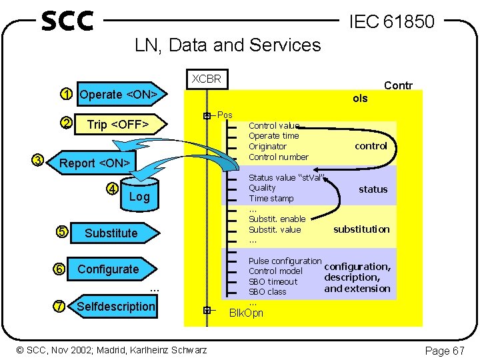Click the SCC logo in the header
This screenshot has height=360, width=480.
[67, 21]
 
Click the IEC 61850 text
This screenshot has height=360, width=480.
[392, 22]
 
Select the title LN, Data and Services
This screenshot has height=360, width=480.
[227, 45]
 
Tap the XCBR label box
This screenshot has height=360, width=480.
[206, 79]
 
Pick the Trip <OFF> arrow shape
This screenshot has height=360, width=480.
[117, 124]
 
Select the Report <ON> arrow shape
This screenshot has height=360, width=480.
[93, 163]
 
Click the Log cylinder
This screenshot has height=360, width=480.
[139, 194]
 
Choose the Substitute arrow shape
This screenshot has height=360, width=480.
[112, 233]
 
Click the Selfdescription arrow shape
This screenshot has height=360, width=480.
[115, 307]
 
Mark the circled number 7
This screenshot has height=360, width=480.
[59, 306]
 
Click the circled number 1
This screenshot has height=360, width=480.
[65, 94]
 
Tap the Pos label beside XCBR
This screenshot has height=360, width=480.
[225, 115]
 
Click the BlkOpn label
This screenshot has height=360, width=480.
[246, 313]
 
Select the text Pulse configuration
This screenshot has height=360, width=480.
[285, 261]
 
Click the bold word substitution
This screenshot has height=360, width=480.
[361, 229]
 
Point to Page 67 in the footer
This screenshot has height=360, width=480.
[445, 351]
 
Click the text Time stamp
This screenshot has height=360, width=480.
[271, 199]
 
